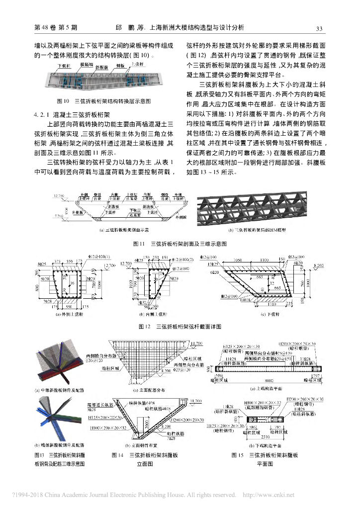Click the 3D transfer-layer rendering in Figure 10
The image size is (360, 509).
[x=104, y=78]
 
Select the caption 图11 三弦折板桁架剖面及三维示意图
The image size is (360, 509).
[x=180, y=244]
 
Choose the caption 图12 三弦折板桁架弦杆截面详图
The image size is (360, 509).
[x=180, y=326]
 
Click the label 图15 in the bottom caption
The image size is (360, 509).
[x=237, y=454]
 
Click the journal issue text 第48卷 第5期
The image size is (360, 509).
[x=55, y=28]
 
